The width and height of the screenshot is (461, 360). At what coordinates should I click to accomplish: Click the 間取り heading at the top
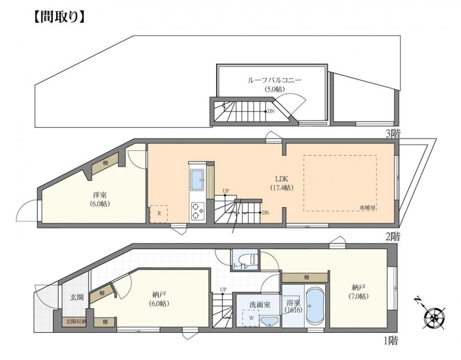pos(59,17)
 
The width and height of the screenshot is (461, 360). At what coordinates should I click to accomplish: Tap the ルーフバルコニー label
pos(274,80)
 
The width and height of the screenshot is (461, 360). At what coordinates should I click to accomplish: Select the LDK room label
pos(281,179)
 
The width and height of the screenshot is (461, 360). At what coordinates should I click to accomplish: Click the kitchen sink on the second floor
pos(197,180)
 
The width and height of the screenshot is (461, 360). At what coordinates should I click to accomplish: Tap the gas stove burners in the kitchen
pos(197,211)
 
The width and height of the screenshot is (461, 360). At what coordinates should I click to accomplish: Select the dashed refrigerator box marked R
pos(158,214)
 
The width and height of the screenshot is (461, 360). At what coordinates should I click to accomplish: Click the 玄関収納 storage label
pos(74,322)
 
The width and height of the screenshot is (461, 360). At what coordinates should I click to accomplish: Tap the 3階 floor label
pos(392,134)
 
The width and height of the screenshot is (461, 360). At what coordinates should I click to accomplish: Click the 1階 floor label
pos(392,338)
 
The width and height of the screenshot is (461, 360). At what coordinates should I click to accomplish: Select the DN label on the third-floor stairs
pos(271,112)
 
